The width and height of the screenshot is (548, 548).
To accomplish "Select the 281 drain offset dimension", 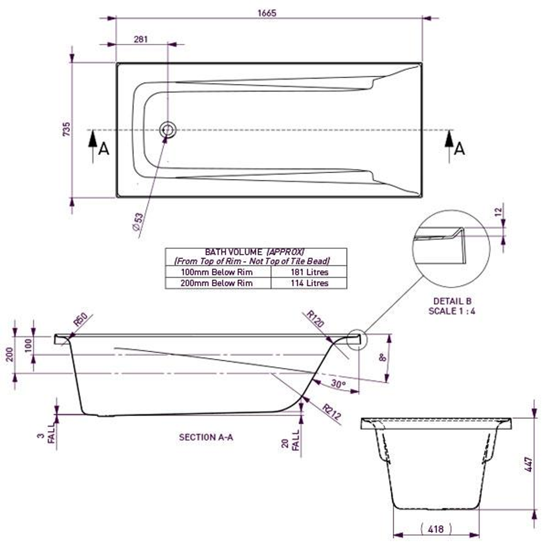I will (141, 39).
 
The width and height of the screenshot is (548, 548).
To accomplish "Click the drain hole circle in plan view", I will (167, 130).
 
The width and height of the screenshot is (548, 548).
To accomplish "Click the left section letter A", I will (104, 149).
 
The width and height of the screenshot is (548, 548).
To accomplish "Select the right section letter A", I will (460, 149).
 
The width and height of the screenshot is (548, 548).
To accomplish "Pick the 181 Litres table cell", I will (309, 272).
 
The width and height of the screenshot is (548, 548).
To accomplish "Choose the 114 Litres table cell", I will (309, 283).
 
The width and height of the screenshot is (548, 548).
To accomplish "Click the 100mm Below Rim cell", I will (218, 272).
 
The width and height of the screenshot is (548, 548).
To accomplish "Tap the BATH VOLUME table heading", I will (255, 252).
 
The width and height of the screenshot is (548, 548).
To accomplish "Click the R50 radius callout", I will (81, 321).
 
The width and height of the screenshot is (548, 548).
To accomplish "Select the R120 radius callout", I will (315, 320).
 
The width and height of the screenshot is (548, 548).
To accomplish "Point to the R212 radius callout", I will (331, 414).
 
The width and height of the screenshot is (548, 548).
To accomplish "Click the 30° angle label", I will (338, 384).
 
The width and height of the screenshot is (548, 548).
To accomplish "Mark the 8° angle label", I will (383, 357).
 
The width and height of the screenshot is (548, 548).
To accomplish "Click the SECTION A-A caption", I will (206, 437).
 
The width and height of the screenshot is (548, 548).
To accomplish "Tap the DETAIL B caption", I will (452, 301).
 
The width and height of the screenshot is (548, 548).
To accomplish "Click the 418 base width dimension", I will (436, 529).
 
